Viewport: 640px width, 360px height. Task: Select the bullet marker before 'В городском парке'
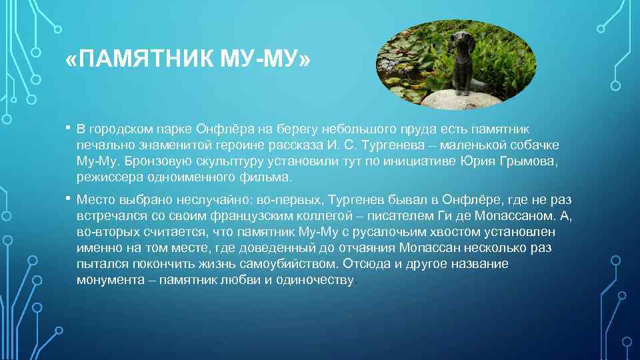[69, 128]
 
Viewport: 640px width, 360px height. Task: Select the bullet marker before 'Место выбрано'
[69, 199]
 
